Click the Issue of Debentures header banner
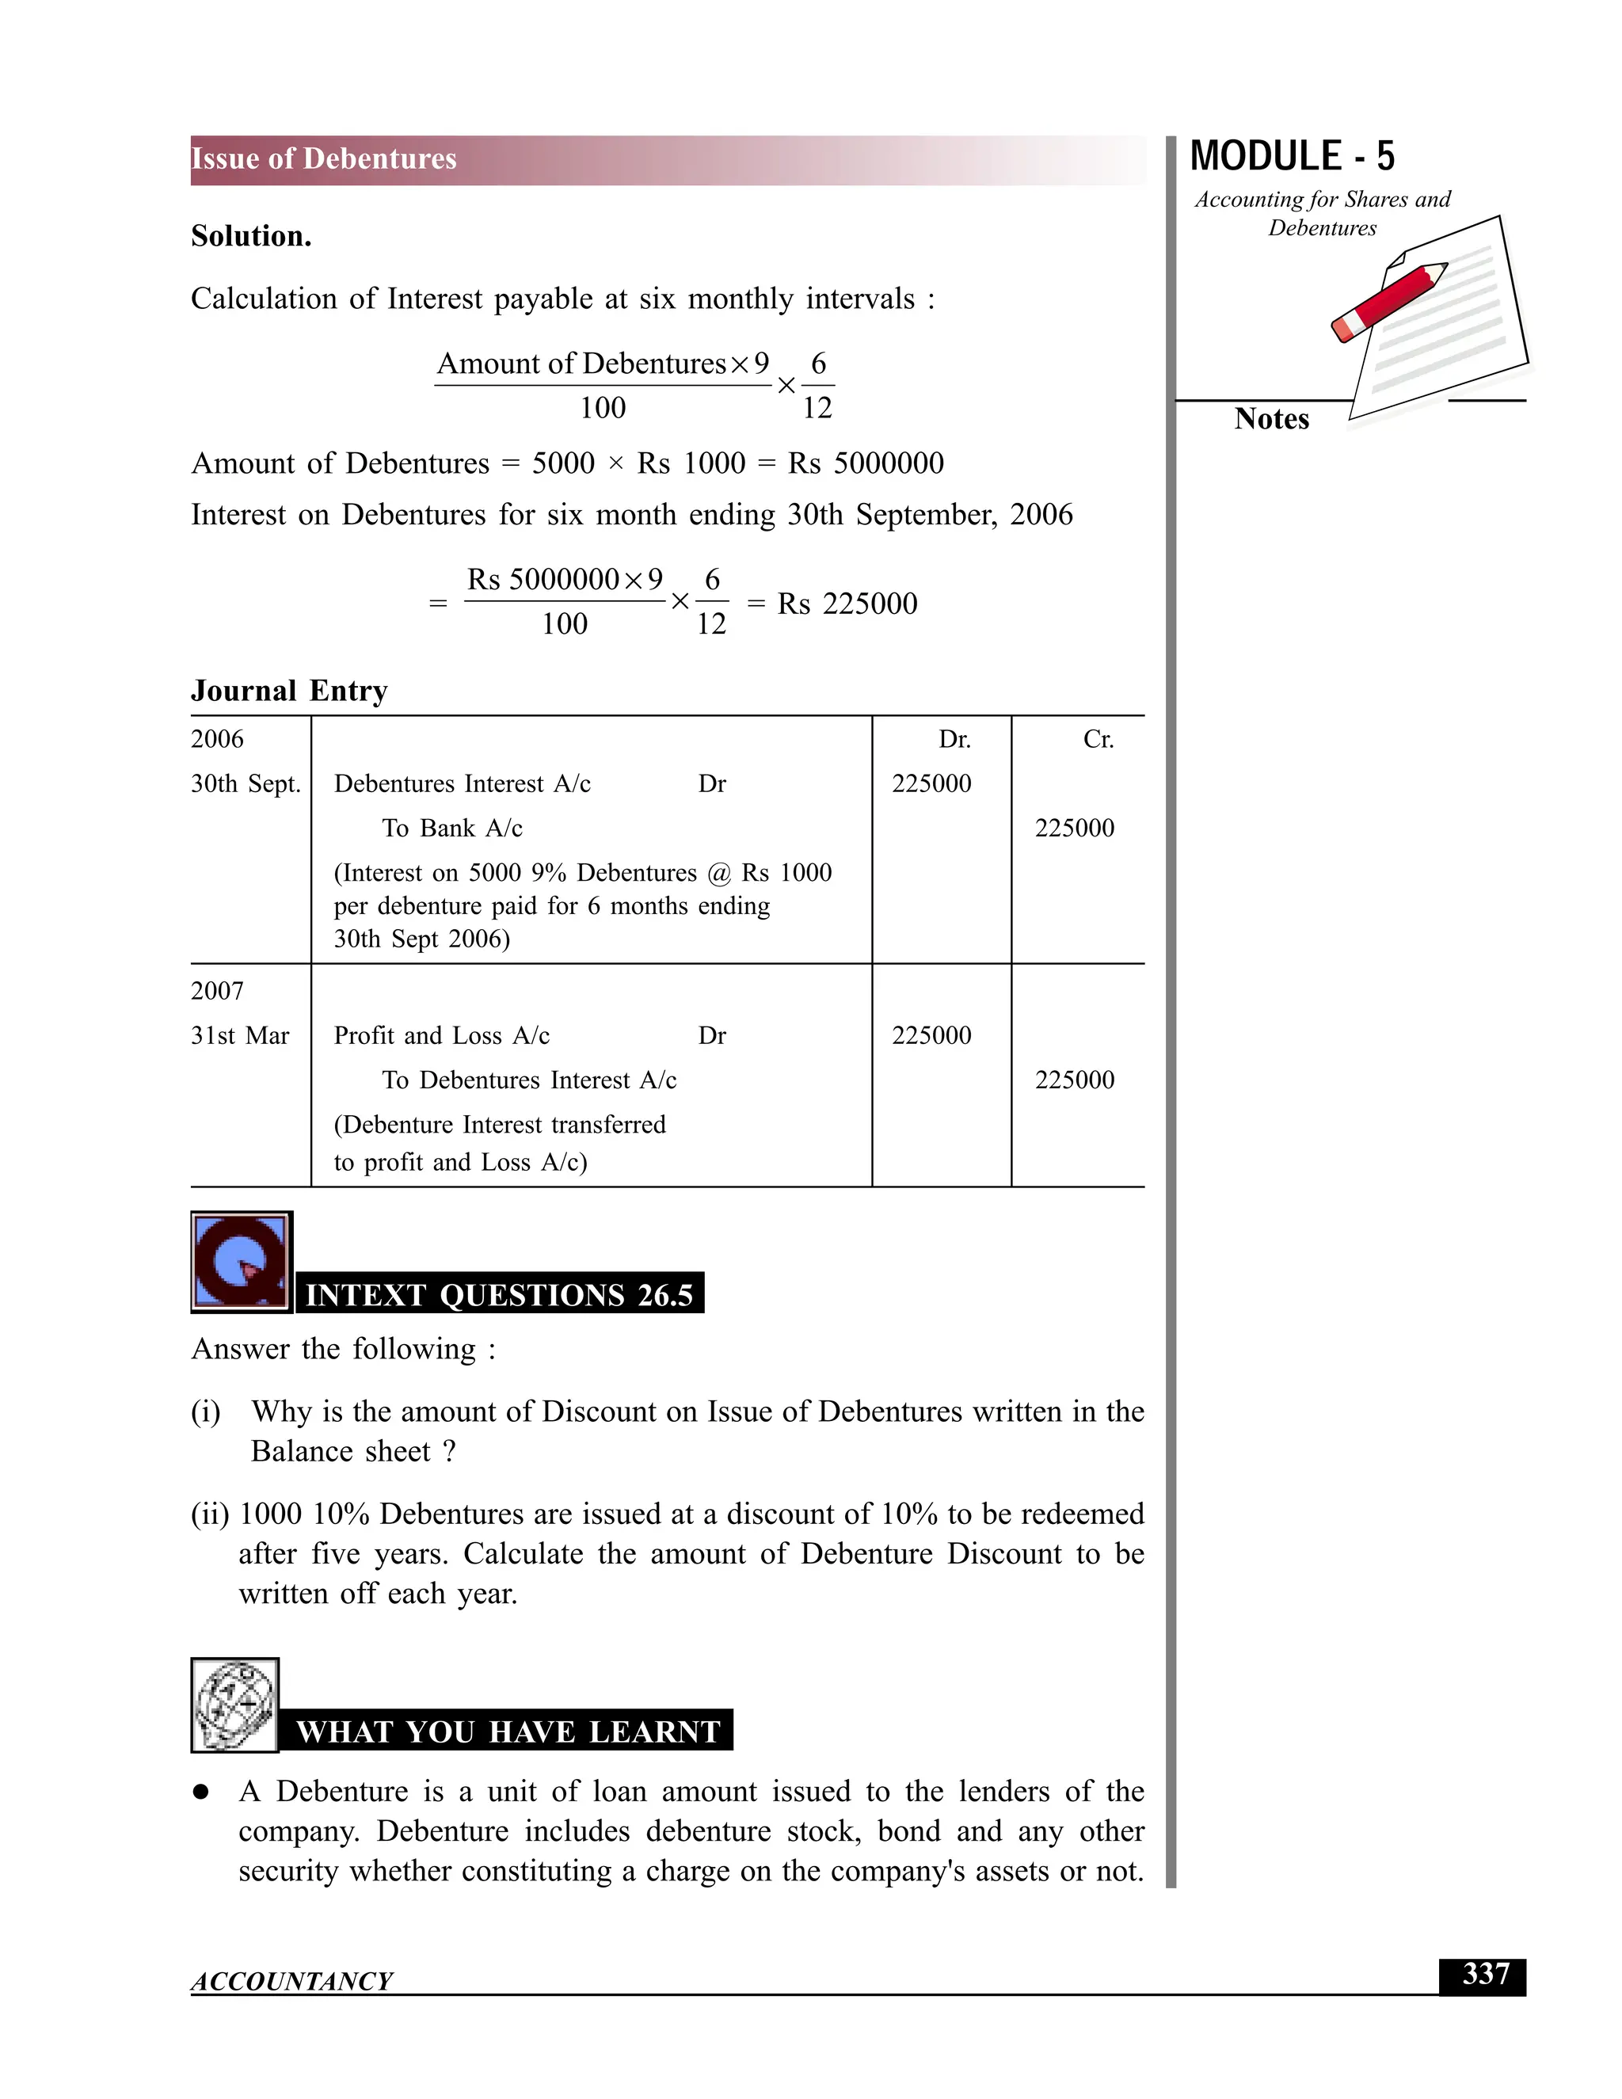click(667, 159)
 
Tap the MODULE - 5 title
click(1292, 157)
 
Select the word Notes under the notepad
click(1271, 419)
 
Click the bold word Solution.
click(251, 236)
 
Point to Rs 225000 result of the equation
click(847, 604)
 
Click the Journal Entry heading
click(289, 691)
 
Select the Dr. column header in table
click(954, 739)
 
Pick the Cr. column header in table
click(1098, 739)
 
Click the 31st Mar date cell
click(240, 1035)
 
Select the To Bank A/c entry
click(451, 828)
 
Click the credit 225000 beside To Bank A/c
click(1074, 828)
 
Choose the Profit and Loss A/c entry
click(441, 1035)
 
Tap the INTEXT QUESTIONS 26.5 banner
click(499, 1294)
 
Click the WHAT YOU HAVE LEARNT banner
click(508, 1731)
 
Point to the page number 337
click(1486, 1974)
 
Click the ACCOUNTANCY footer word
click(291, 1981)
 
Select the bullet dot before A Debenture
click(201, 1792)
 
